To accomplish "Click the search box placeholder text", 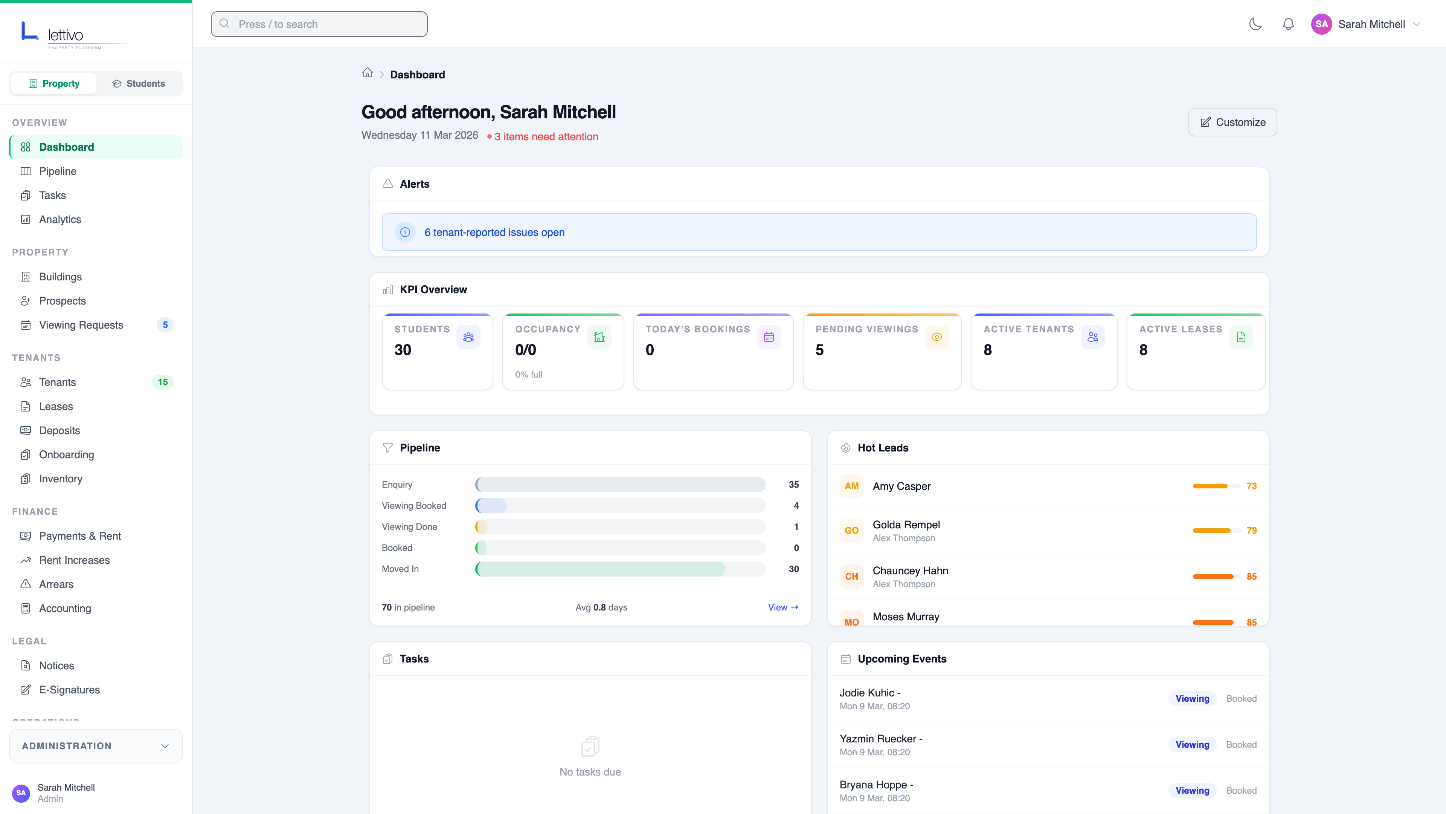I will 278,24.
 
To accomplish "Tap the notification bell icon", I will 1288,24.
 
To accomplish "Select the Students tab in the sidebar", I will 139,84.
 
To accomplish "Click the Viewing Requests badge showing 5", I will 165,325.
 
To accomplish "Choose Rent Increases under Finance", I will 74,560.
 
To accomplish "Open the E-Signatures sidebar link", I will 69,690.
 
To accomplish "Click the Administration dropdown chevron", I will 165,746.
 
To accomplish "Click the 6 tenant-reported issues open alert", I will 494,233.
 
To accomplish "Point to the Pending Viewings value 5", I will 819,350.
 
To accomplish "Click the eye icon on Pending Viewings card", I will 936,337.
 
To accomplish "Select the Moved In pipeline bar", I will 601,569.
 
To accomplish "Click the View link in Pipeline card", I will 782,607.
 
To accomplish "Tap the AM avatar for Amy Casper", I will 851,486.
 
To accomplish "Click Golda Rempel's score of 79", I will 1251,530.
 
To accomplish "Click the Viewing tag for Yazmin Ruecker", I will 1192,744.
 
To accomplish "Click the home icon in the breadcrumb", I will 367,73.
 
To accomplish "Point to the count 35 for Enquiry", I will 793,484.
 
